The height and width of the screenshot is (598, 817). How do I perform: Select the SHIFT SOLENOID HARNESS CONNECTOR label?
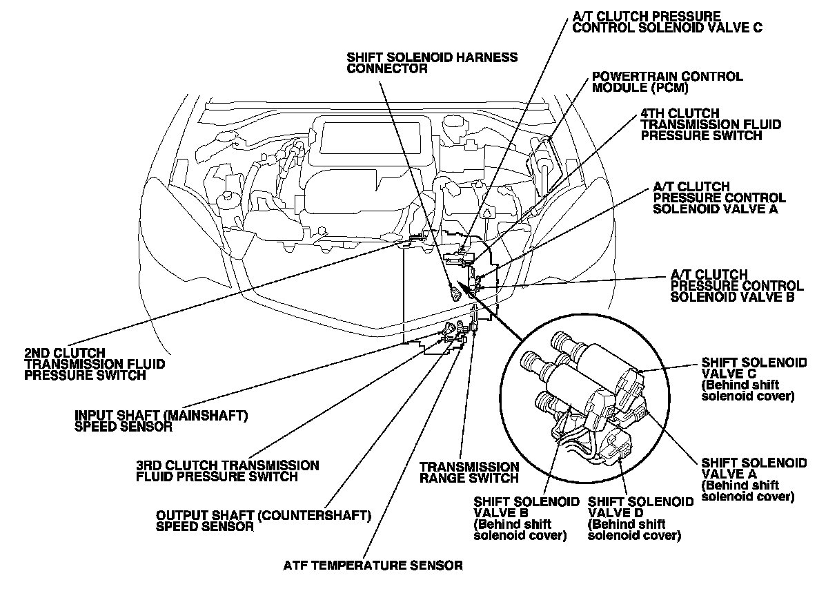pyautogui.click(x=432, y=63)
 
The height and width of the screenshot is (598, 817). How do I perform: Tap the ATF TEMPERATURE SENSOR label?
pyautogui.click(x=373, y=566)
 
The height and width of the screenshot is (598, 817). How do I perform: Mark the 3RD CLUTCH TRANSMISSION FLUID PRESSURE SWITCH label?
pyautogui.click(x=228, y=470)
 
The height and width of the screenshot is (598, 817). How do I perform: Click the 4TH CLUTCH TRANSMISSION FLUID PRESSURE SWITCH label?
pyautogui.click(x=711, y=124)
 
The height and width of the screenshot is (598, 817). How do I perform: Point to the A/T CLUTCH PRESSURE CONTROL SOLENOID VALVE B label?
pyautogui.click(x=736, y=286)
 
